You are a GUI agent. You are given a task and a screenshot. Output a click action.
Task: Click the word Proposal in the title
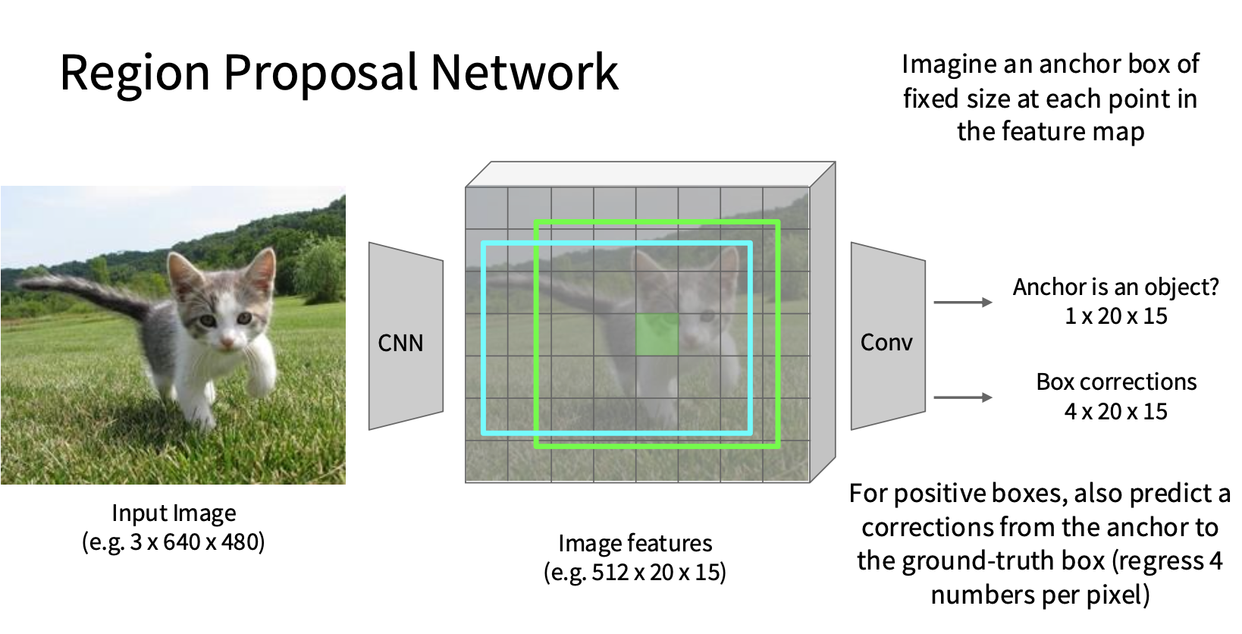click(321, 74)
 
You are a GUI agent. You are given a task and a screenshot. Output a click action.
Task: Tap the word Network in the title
click(524, 71)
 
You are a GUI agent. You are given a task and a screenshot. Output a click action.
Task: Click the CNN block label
click(400, 344)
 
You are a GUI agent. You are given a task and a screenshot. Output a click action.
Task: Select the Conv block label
click(886, 342)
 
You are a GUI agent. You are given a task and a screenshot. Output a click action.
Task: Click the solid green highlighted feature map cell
click(657, 334)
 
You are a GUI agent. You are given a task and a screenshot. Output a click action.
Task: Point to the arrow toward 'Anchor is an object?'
click(963, 303)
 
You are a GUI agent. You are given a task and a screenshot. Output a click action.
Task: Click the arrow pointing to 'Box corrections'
click(963, 397)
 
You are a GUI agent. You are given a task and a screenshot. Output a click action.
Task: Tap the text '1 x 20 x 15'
click(1115, 316)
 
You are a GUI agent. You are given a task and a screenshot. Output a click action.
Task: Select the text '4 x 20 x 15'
click(1115, 412)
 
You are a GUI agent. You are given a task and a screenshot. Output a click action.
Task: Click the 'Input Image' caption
click(174, 513)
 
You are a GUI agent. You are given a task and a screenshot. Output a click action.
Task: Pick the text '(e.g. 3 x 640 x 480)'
click(174, 542)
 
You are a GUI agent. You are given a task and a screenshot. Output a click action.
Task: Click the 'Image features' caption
click(635, 544)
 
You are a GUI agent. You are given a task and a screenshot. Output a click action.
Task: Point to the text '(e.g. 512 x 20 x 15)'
click(635, 573)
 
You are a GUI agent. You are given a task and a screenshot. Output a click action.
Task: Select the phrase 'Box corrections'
click(1116, 382)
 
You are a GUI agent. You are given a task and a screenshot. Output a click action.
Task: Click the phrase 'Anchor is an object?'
click(1115, 287)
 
